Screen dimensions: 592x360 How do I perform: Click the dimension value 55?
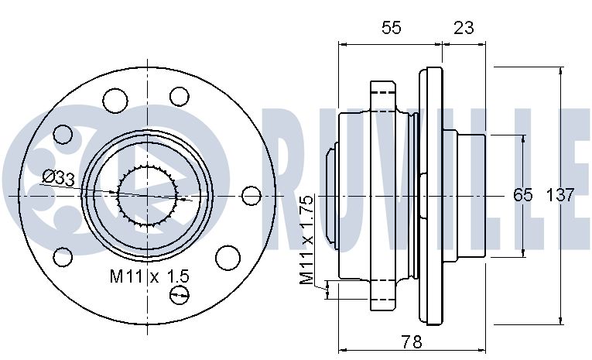click(391, 28)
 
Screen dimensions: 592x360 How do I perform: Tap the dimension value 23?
click(464, 28)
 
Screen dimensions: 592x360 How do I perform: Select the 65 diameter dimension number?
click(522, 195)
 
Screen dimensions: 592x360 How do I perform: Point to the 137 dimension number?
click(560, 195)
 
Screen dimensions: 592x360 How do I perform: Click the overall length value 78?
click(411, 342)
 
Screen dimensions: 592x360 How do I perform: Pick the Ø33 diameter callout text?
click(59, 177)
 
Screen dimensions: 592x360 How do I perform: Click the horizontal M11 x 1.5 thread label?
click(149, 276)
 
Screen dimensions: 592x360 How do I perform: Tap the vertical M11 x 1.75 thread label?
click(306, 240)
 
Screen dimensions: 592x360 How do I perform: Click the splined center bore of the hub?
click(147, 196)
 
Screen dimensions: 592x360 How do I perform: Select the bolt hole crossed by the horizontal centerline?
click(251, 196)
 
